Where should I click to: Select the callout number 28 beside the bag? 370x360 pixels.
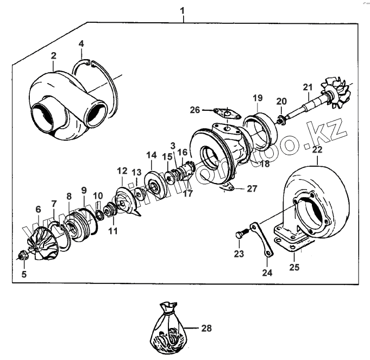pos(206,329)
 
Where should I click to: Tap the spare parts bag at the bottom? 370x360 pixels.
pos(169,331)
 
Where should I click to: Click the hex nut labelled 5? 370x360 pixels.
pos(24,255)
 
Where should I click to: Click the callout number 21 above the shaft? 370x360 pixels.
pos(308,88)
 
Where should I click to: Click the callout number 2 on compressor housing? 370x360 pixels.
pos(54,56)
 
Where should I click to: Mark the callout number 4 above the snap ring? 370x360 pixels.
pos(81,43)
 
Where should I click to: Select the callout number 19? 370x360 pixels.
pos(258,98)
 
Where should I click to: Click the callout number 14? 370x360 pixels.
pos(150,155)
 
